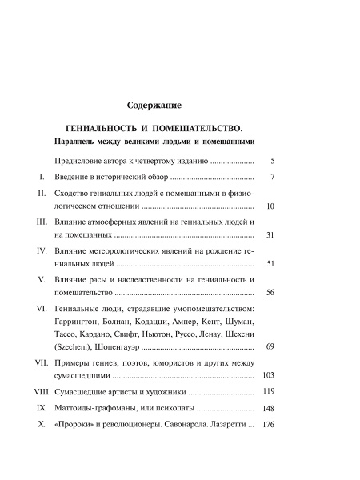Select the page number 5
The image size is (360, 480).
click(273, 161)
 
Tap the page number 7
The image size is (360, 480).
click(273, 176)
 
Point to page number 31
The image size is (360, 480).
click(270, 236)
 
